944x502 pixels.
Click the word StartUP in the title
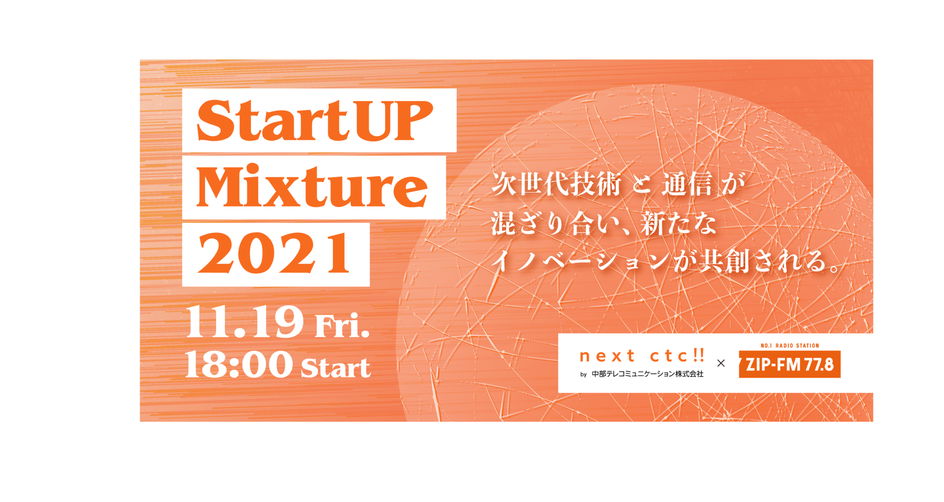315,120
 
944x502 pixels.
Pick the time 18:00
239,365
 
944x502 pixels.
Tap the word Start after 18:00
336,368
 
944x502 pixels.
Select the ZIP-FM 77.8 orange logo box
790,364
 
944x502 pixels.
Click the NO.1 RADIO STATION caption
790,345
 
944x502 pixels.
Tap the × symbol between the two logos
721,363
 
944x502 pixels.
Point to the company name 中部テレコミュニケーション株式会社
648,374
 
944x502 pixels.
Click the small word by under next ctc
584,374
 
